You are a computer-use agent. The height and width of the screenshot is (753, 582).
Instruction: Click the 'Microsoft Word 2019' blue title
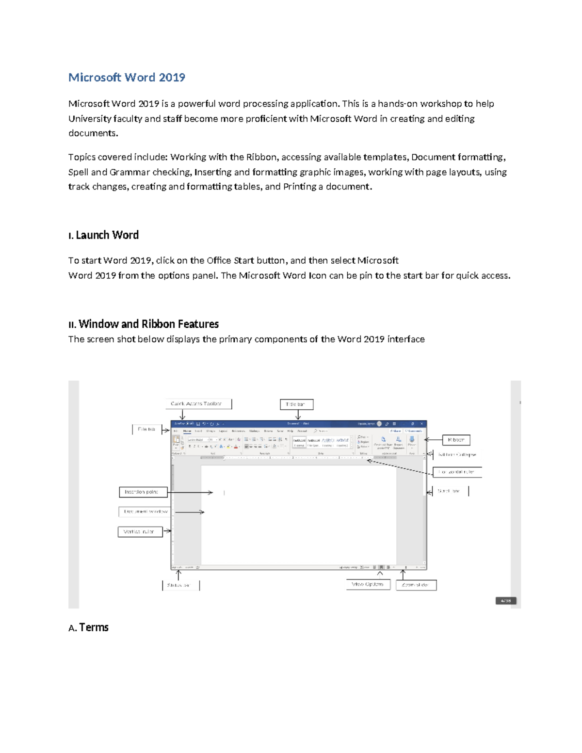[127, 78]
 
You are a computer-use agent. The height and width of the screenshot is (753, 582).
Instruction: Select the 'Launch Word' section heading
[107, 235]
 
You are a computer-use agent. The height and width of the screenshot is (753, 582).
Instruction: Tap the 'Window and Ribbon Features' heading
[148, 324]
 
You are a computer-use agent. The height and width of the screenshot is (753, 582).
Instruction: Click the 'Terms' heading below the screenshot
[94, 627]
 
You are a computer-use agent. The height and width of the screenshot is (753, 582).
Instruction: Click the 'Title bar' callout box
[296, 404]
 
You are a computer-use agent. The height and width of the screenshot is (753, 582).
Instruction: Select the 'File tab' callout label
[146, 430]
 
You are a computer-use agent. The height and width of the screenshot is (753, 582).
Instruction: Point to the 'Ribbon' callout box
[456, 440]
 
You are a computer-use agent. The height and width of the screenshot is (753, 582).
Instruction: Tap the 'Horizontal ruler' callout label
[456, 472]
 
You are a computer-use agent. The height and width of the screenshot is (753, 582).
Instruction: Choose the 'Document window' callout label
[145, 512]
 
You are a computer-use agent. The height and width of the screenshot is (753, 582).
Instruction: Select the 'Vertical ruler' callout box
[140, 532]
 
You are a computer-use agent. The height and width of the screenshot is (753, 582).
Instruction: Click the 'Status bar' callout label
[179, 585]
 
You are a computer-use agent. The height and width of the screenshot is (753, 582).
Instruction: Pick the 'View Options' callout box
[368, 584]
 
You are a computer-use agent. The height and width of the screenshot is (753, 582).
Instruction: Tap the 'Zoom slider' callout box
[416, 585]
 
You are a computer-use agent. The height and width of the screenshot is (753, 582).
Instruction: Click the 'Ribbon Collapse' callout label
[457, 455]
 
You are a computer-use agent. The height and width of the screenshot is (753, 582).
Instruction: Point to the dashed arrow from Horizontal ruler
[400, 466]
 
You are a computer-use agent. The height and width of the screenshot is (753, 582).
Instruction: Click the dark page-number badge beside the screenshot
[506, 601]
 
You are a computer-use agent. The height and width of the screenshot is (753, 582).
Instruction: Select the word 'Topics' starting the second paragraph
[81, 157]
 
